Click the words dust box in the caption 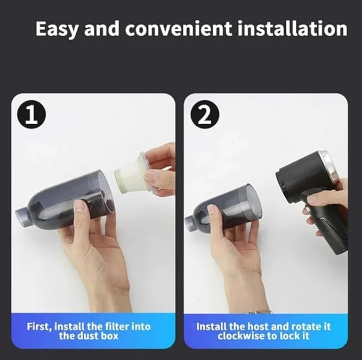click(x=102, y=336)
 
